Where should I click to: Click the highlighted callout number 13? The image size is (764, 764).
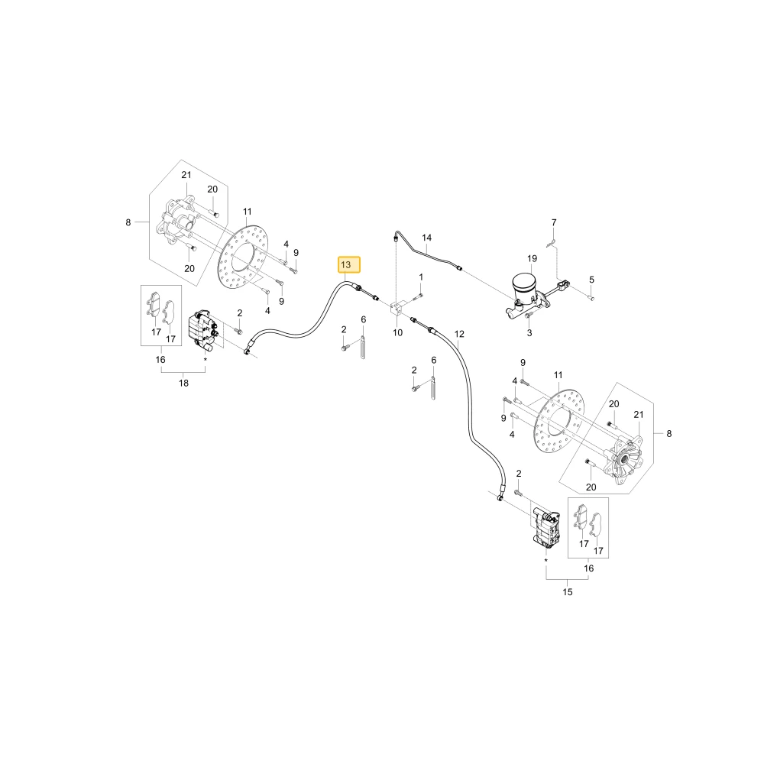(x=349, y=264)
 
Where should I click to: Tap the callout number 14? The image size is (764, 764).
(x=427, y=238)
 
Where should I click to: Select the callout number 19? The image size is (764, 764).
(x=532, y=259)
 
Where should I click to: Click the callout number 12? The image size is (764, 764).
(x=459, y=335)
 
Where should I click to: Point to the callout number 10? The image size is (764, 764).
(x=397, y=333)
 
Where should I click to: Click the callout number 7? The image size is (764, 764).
(x=554, y=222)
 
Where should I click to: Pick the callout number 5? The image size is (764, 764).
(x=592, y=280)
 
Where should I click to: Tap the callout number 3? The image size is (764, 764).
(x=529, y=333)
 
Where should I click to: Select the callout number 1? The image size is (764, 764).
(x=421, y=277)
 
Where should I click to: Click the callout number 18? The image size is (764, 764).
(x=183, y=384)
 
